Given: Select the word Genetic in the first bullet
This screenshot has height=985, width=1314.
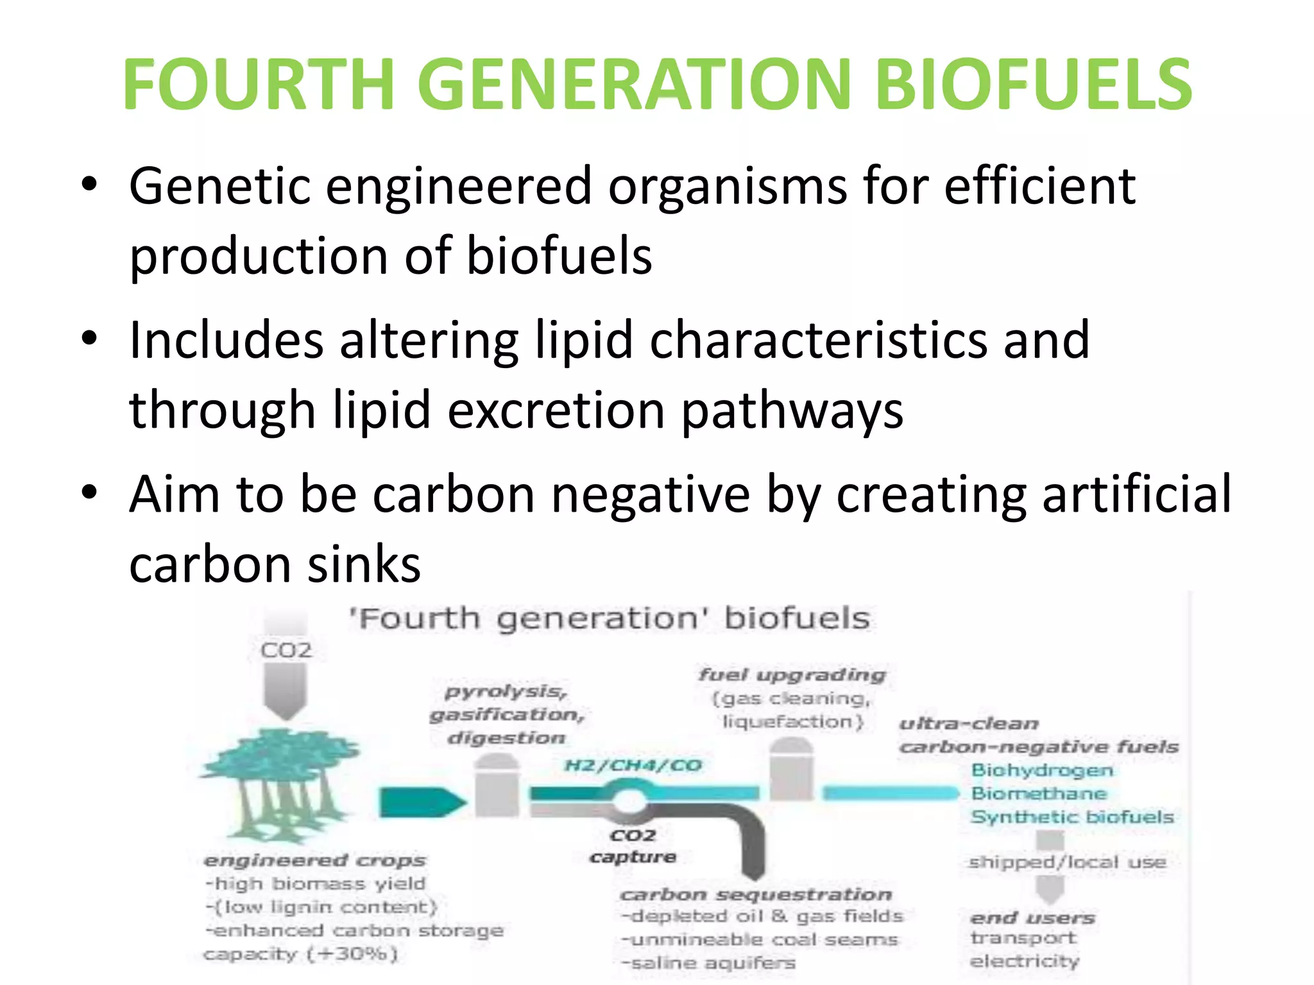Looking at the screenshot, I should (219, 186).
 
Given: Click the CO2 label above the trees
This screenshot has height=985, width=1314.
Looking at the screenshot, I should (286, 650).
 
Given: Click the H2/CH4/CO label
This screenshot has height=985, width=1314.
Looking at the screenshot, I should (633, 765).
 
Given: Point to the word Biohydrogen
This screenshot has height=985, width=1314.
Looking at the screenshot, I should (1042, 770).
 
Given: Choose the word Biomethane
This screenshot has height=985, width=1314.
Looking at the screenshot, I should (1039, 793).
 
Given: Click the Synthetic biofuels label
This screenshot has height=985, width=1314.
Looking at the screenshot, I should (1072, 817).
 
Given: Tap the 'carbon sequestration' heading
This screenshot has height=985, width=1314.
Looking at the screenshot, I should (756, 894).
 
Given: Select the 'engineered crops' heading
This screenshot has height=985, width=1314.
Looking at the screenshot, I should (314, 860).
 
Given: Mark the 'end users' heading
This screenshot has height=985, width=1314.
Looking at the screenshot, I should (1032, 918).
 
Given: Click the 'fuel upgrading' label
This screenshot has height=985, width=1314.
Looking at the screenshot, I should (792, 675).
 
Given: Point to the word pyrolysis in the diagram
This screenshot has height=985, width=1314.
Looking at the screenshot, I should (506, 691).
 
